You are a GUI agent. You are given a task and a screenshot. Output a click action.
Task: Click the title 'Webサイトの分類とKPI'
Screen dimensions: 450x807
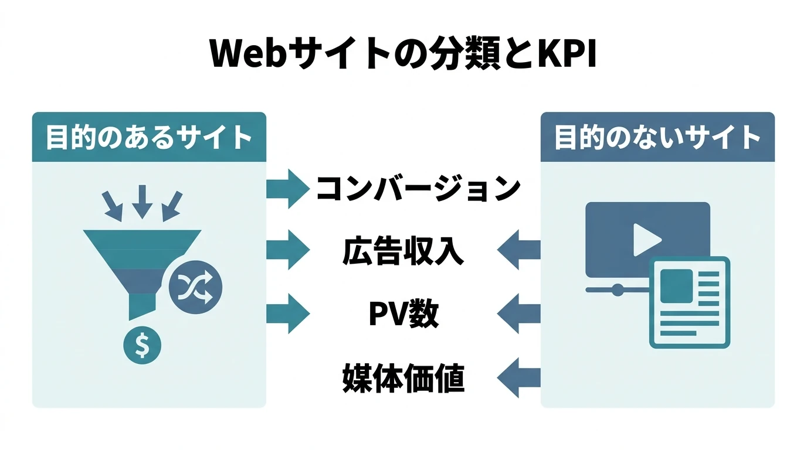(403, 54)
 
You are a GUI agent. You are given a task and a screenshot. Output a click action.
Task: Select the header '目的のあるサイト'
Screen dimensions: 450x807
(149, 138)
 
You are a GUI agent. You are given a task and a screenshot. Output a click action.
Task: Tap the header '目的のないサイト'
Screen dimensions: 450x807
(657, 138)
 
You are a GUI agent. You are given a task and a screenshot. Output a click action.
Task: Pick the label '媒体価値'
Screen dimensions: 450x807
(403, 378)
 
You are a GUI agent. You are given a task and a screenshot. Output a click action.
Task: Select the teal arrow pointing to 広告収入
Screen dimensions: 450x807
(287, 251)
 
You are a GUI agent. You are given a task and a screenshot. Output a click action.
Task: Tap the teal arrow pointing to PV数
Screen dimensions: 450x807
(287, 314)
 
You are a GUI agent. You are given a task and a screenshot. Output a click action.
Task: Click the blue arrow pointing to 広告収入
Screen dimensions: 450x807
(519, 250)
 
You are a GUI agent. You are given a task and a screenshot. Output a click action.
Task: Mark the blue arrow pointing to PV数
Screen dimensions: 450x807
(519, 314)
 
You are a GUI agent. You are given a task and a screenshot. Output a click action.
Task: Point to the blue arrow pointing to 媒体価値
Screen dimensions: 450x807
(519, 378)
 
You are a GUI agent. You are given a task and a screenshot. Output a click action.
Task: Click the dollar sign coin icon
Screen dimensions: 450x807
(142, 346)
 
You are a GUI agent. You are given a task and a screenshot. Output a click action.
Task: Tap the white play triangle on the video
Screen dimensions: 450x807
(646, 239)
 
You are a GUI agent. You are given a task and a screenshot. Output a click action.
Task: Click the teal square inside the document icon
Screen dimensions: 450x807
(676, 285)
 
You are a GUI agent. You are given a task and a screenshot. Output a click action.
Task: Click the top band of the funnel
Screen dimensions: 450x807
(141, 239)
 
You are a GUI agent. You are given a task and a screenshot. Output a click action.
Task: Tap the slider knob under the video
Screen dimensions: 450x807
(617, 288)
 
